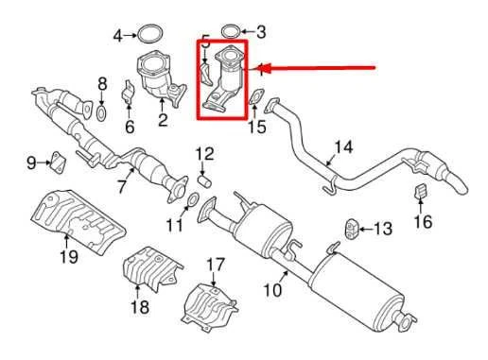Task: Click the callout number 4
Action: [118, 37]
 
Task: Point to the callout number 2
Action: [163, 120]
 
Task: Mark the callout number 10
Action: [271, 291]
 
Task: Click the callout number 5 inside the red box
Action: [205, 43]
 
